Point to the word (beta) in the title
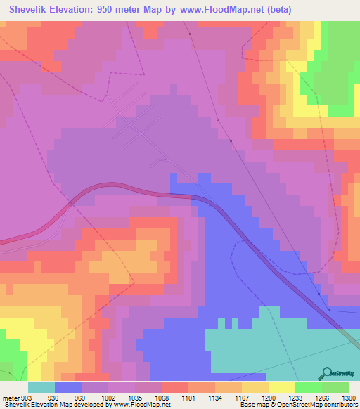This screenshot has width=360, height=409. [x=275, y=9]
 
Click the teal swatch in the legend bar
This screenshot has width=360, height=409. [x=41, y=388]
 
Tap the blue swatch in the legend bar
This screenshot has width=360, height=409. [x=68, y=388]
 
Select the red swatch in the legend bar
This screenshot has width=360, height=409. [x=175, y=388]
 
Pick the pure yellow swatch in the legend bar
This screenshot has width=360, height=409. [x=282, y=388]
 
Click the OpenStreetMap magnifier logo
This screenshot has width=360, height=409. [x=327, y=373]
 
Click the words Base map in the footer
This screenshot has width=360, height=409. [x=252, y=405]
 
